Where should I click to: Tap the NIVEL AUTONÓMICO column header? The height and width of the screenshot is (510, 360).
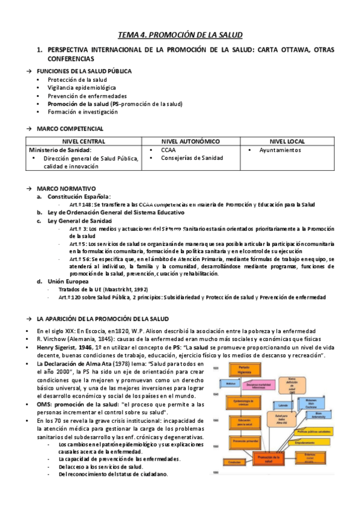191,140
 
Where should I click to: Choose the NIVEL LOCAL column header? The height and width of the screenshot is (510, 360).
290,140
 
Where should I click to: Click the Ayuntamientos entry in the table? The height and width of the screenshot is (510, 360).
280,150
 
